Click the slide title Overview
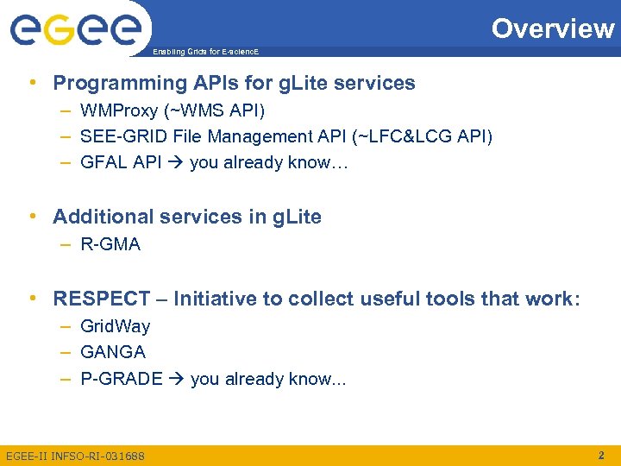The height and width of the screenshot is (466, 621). pyautogui.click(x=553, y=28)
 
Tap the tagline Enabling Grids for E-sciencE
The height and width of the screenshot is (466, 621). pyautogui.click(x=204, y=52)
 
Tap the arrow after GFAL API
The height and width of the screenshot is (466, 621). pyautogui.click(x=176, y=162)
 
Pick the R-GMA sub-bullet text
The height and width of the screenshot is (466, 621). pyautogui.click(x=110, y=244)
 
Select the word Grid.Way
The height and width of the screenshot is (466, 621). pyautogui.click(x=115, y=326)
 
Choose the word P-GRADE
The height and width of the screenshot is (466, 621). pyautogui.click(x=122, y=379)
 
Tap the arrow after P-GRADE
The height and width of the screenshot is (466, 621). pyautogui.click(x=177, y=379)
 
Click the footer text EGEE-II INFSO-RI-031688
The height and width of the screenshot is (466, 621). pyautogui.click(x=75, y=455)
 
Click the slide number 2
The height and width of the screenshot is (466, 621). pyautogui.click(x=602, y=454)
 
